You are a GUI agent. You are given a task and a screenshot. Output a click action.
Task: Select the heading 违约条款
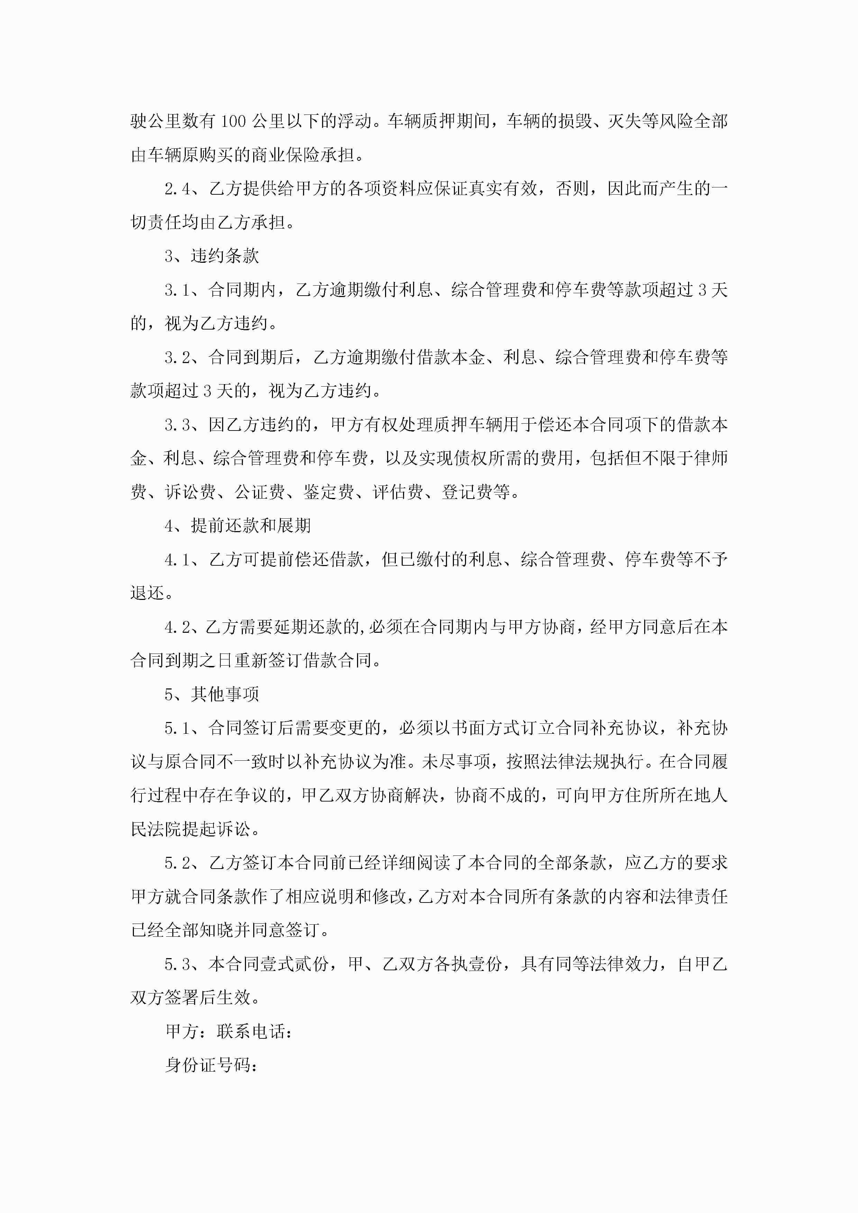[225, 256]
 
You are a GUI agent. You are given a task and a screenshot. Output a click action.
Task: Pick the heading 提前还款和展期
[250, 526]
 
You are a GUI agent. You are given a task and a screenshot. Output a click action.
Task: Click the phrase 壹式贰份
[293, 964]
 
